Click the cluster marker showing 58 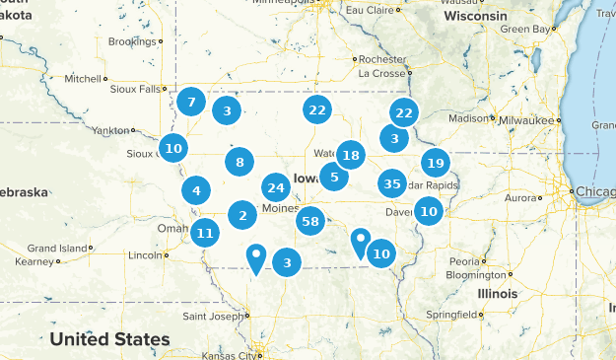pos(310,222)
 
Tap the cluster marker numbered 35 pos(391,182)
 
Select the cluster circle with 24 pos(276,187)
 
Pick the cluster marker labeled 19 pos(436,163)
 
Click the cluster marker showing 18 pos(350,154)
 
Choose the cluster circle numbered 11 pos(204,234)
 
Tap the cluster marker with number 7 pos(191,102)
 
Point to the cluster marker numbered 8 pos(240,163)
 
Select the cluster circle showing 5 pos(334,178)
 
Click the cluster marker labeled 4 pos(197,191)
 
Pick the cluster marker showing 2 pos(242,214)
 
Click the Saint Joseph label pos(211,317)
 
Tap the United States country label pos(109,339)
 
